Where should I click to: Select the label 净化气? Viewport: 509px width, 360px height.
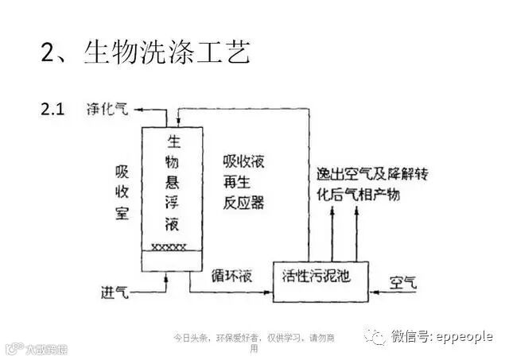coord(107,110)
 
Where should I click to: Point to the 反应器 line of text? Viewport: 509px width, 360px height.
coord(243,203)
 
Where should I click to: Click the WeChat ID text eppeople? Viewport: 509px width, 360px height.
coord(464,337)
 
